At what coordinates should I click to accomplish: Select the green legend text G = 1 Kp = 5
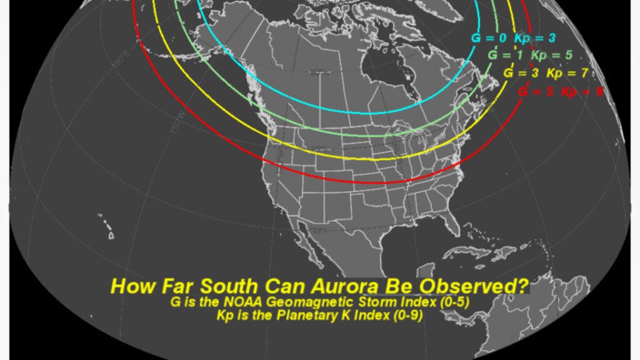click(530, 56)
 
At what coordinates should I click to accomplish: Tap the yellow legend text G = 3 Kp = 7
click(546, 73)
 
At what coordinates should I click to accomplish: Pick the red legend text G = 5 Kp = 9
click(560, 92)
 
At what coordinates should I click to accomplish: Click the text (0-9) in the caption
click(407, 316)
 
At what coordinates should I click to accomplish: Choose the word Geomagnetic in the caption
click(299, 304)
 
